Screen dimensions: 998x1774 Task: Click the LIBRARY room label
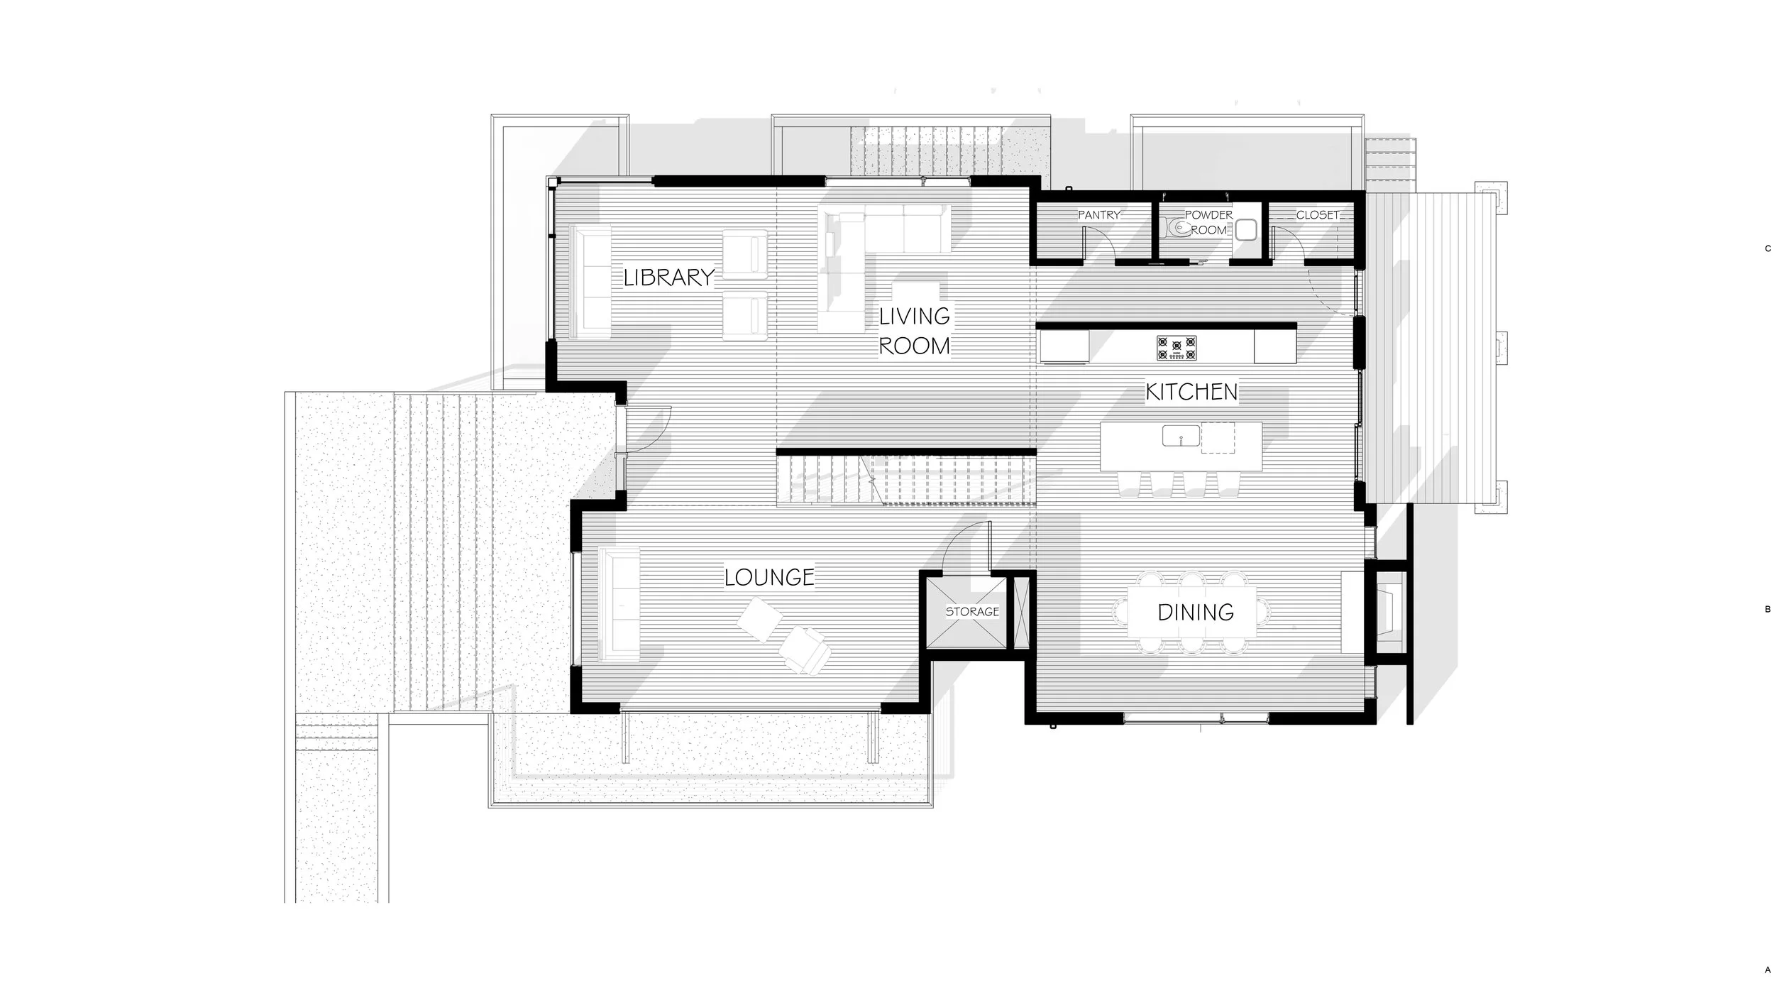coord(668,278)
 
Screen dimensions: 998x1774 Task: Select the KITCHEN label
coord(1191,392)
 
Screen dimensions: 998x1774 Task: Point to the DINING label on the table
coord(1195,612)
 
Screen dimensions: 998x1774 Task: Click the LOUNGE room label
coord(769,577)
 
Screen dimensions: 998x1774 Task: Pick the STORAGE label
coord(971,611)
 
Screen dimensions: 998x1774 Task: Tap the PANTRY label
coord(1098,214)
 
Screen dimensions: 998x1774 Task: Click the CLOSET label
coord(1317,214)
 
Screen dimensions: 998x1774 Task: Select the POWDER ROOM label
coord(1208,222)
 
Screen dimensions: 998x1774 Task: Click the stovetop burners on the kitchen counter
coord(1177,348)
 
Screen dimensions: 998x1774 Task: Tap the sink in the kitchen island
coord(1181,436)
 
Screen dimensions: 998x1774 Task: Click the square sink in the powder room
coord(1246,229)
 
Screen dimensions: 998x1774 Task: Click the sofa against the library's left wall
coord(590,283)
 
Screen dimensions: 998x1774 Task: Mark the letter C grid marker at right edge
coord(1768,248)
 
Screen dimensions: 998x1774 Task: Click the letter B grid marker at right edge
coord(1768,609)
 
